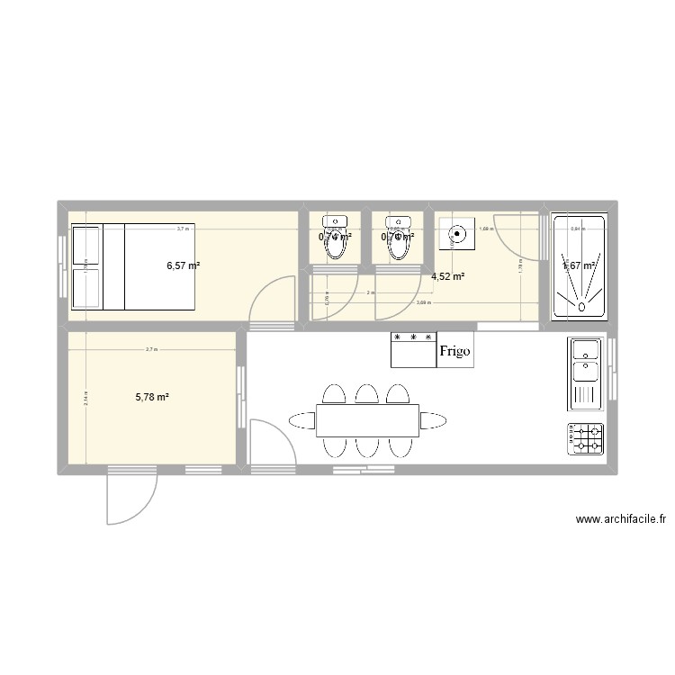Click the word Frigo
click(455, 351)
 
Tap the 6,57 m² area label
click(184, 265)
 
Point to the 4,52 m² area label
click(448, 276)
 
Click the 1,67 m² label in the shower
click(579, 265)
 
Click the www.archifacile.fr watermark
click(620, 519)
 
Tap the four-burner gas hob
click(585, 438)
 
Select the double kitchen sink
click(585, 371)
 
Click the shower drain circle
click(580, 307)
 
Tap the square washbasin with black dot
click(456, 235)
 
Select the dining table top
click(367, 419)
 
